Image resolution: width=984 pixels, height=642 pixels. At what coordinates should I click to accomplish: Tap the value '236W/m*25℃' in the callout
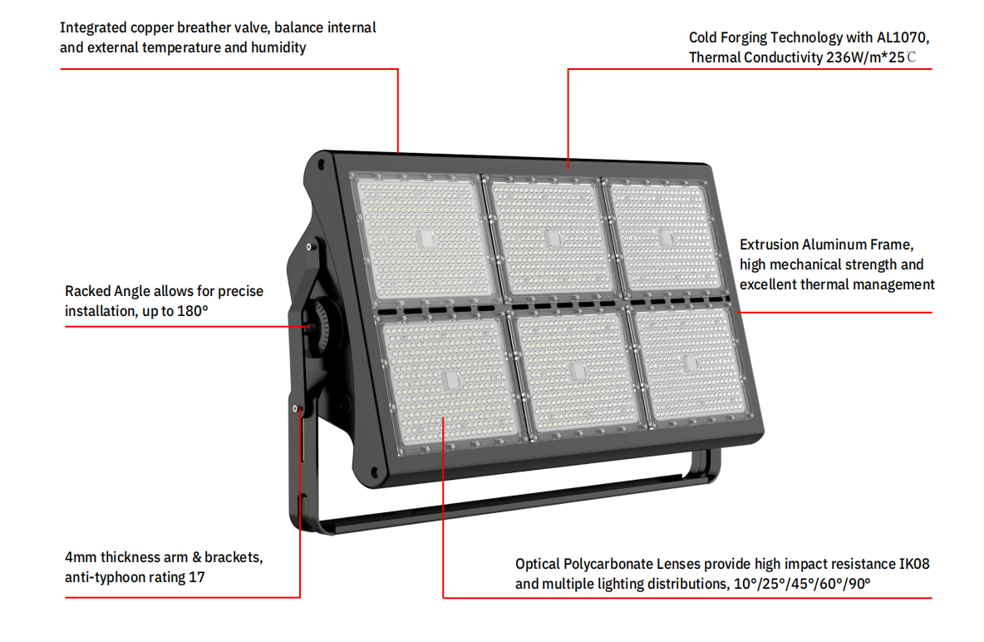pyautogui.click(x=871, y=57)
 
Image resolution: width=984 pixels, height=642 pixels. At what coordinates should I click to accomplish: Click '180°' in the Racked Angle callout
pyautogui.click(x=194, y=311)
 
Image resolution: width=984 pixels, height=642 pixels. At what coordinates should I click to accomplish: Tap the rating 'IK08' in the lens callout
pyautogui.click(x=913, y=564)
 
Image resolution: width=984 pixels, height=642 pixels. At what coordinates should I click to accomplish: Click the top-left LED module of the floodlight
pyautogui.click(x=424, y=239)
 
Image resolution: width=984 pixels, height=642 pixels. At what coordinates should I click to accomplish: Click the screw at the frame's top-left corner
pyautogui.click(x=322, y=165)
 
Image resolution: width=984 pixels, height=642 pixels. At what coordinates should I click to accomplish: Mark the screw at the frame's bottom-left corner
pyautogui.click(x=375, y=472)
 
